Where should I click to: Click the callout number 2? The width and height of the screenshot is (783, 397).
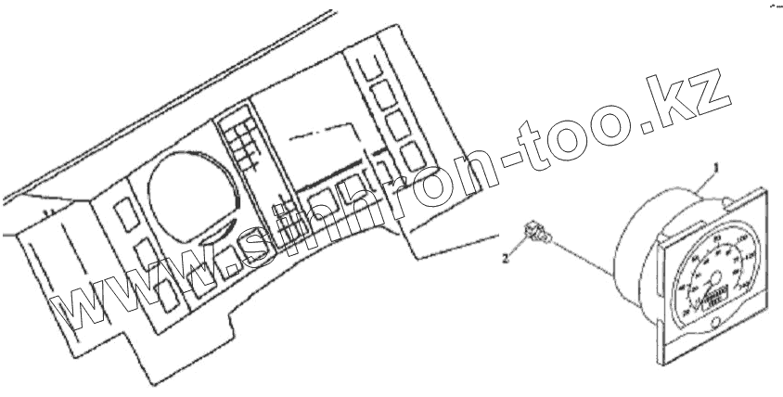point(505,260)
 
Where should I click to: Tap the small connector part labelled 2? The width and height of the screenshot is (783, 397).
point(533,231)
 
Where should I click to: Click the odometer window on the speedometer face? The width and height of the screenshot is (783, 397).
point(716,298)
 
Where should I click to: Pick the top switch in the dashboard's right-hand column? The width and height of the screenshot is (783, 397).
point(369,68)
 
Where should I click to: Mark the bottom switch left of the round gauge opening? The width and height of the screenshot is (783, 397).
point(168,295)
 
